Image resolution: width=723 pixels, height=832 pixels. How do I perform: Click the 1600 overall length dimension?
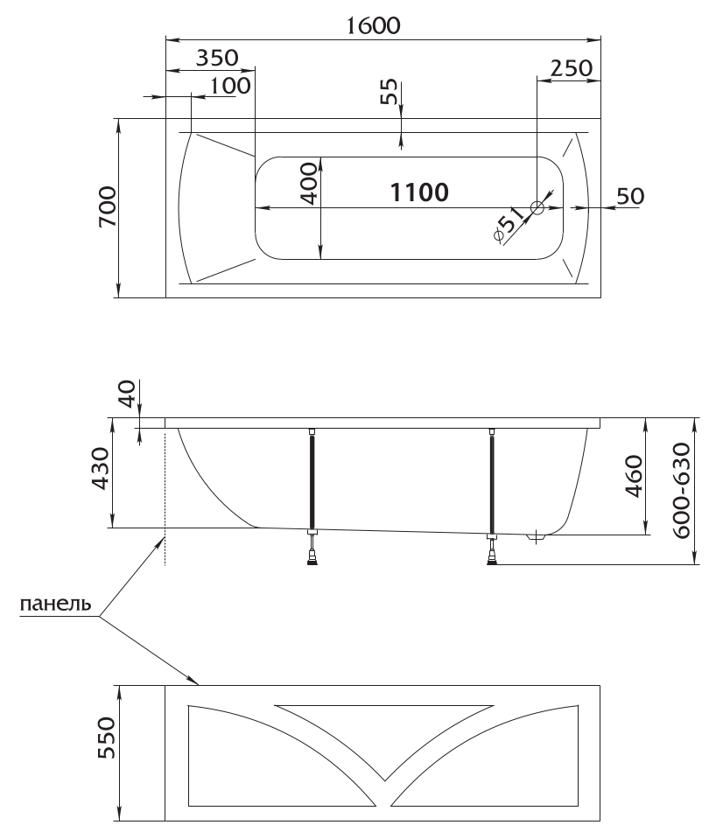pyautogui.click(x=373, y=25)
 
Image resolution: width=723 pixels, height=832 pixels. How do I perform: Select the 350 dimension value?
pyautogui.click(x=217, y=58)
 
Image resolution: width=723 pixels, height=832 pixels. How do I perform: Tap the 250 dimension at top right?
pyautogui.click(x=572, y=68)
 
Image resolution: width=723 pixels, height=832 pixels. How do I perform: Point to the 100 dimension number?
pyautogui.click(x=230, y=86)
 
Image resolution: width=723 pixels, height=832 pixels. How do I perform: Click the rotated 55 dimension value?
pyautogui.click(x=390, y=91)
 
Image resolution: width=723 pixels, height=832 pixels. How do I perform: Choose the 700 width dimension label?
pyautogui.click(x=108, y=207)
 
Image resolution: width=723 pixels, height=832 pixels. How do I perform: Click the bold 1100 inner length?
pyautogui.click(x=419, y=192)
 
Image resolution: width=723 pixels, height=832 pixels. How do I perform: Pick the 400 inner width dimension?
pyautogui.click(x=308, y=184)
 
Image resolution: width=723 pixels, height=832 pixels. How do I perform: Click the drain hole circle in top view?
pyautogui.click(x=537, y=207)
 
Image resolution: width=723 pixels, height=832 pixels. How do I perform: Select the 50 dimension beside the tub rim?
pyautogui.click(x=630, y=196)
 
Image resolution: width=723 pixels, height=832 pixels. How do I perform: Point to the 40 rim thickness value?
pyautogui.click(x=128, y=393)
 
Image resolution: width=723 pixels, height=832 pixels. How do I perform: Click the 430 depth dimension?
pyautogui.click(x=101, y=468)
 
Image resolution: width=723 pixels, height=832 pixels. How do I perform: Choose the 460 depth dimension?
pyautogui.click(x=634, y=476)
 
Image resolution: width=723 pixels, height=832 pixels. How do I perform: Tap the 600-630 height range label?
pyautogui.click(x=682, y=490)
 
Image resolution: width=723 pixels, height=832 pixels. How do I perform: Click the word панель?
pyautogui.click(x=55, y=604)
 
